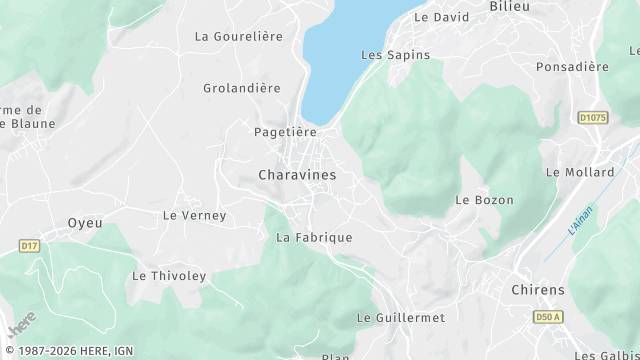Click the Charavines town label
click(297, 174)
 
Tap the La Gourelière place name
click(239, 36)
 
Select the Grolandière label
click(242, 88)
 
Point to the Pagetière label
click(285, 132)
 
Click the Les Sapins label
click(387, 54)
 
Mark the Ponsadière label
click(572, 67)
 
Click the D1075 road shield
click(593, 118)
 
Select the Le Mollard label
click(580, 172)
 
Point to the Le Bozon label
click(484, 200)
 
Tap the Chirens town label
click(538, 290)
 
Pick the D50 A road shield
click(547, 317)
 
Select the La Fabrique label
click(314, 237)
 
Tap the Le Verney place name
click(195, 215)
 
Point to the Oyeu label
click(85, 223)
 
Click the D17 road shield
click(29, 245)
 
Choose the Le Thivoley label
click(169, 276)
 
